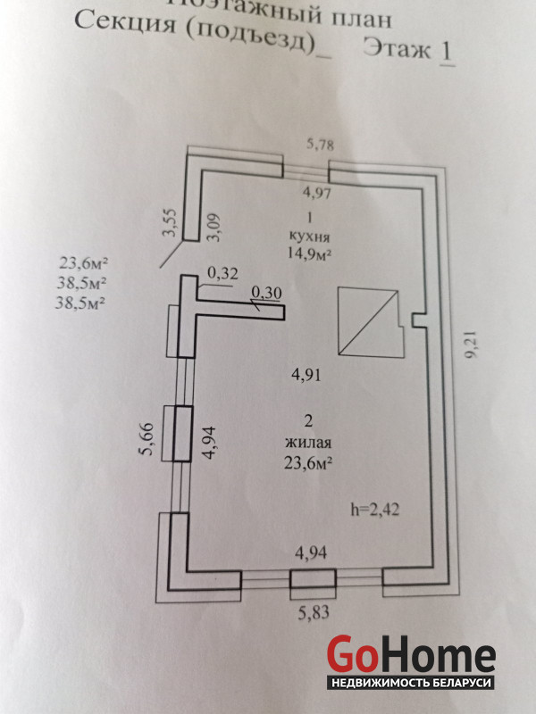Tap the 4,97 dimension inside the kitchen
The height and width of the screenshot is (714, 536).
coord(317,193)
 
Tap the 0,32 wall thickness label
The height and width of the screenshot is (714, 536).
coord(222,274)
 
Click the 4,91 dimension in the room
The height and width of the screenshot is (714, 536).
coord(305,375)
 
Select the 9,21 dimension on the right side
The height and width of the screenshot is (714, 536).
coord(471,344)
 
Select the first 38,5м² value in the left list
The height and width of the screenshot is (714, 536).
coord(83,283)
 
